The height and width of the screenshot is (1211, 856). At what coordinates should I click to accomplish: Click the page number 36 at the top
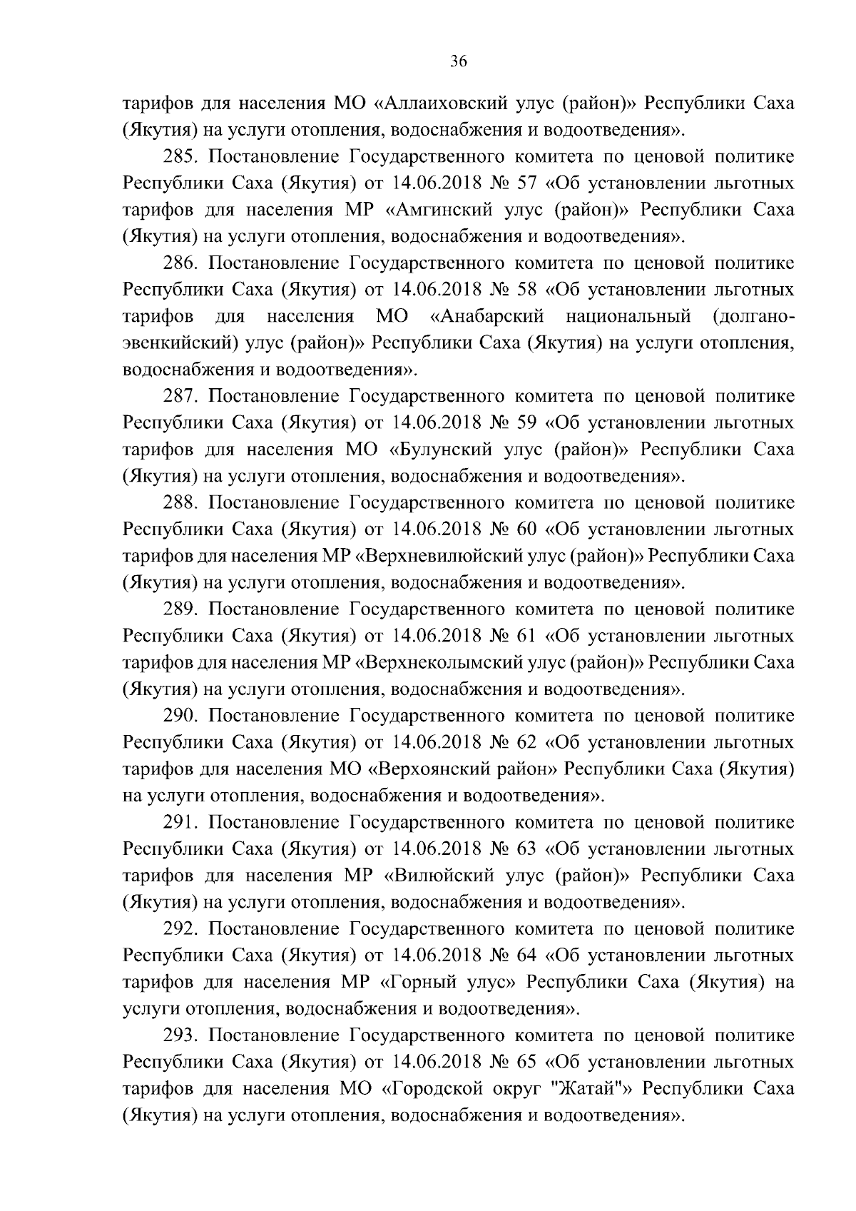pos(459,62)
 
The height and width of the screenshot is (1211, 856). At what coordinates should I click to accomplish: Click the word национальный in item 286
pos(628,316)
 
